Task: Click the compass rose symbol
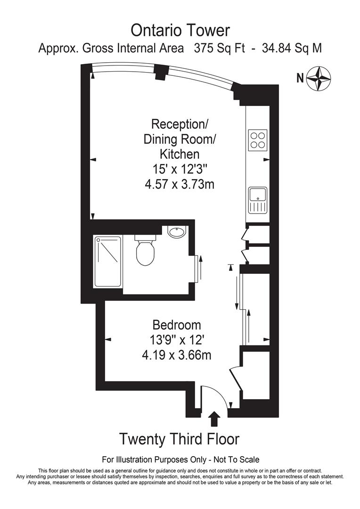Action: coord(319,78)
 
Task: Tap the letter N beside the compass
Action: coord(300,78)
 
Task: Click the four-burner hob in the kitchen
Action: coord(258,140)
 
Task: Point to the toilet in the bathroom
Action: coord(145,251)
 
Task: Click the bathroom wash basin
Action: coord(177,232)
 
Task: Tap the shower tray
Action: coord(108,262)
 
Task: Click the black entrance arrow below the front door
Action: coord(214,419)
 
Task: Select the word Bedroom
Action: coord(177,325)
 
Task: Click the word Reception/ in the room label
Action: coord(180,124)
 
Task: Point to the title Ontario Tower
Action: coord(180,31)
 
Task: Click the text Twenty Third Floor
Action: coord(179,439)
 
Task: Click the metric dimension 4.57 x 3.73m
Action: coord(180,184)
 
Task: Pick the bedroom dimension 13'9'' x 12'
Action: coord(177,340)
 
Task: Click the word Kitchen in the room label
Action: coord(180,154)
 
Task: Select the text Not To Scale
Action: coord(236,459)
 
